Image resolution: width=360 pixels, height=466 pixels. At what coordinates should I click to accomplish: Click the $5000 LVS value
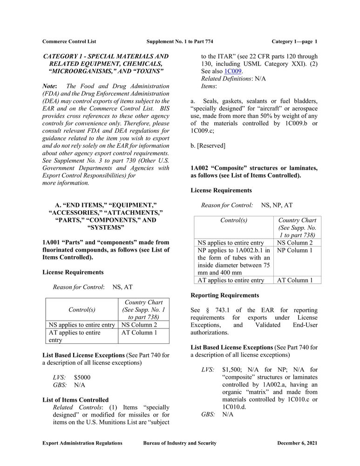(x=82, y=377)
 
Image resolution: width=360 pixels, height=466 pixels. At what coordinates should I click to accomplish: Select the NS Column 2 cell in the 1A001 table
(x=139, y=325)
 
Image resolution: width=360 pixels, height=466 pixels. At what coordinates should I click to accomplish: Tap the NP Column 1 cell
(x=295, y=250)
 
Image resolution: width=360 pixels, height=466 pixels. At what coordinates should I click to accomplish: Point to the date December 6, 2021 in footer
(x=297, y=443)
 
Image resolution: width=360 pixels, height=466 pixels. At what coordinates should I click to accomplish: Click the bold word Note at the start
(x=49, y=86)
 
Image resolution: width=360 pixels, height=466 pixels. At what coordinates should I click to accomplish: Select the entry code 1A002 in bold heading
(x=201, y=168)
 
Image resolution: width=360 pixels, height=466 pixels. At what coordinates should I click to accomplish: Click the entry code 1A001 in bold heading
(x=52, y=242)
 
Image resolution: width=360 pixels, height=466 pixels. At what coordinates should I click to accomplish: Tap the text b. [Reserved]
(x=208, y=146)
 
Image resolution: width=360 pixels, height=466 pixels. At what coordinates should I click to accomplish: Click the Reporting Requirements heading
(x=224, y=295)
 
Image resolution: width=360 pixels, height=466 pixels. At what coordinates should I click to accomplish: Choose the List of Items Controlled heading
(x=75, y=400)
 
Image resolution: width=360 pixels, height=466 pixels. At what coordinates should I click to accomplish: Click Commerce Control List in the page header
(x=69, y=41)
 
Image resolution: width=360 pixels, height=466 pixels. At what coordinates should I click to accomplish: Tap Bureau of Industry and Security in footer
(x=180, y=443)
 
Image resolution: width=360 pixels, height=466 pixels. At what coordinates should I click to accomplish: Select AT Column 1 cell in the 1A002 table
(x=295, y=280)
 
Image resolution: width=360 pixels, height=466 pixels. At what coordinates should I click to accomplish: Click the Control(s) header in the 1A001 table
(x=82, y=309)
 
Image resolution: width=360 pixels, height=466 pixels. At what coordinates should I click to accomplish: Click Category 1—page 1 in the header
(x=294, y=41)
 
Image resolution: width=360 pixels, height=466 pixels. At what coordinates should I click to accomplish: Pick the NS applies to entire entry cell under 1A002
(x=231, y=243)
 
